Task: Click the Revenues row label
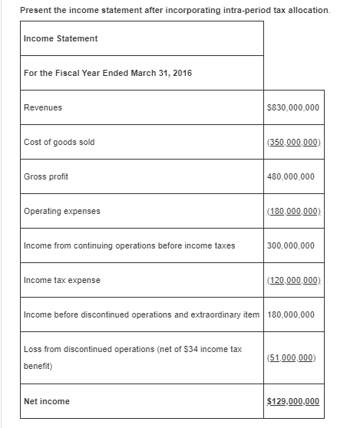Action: click(x=43, y=108)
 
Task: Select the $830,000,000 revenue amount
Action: click(x=294, y=108)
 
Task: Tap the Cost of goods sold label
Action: click(x=59, y=143)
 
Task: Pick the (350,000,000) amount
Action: click(x=294, y=143)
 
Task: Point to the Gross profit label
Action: click(x=46, y=177)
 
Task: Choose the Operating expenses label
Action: click(x=62, y=212)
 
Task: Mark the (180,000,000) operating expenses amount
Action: click(x=294, y=212)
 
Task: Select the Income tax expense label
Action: click(x=62, y=281)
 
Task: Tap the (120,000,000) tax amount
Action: click(x=294, y=281)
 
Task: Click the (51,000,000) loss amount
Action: click(x=294, y=357)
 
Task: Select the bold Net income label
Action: click(x=47, y=401)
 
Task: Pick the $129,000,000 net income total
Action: click(x=294, y=401)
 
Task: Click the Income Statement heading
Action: click(x=61, y=38)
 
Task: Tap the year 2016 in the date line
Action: click(x=182, y=73)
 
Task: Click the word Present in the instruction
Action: click(x=35, y=9)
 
